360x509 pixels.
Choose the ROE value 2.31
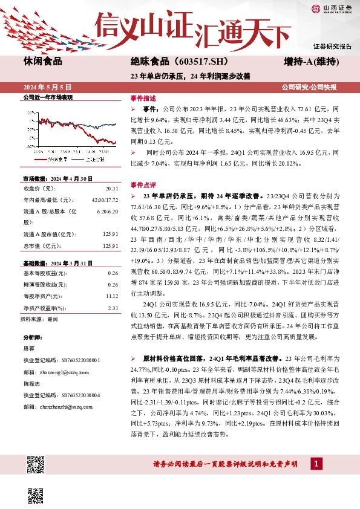point(112,308)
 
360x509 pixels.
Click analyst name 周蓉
point(29,349)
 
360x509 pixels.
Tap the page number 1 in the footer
point(315,464)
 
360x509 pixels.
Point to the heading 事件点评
point(143,184)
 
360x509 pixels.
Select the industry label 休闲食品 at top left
point(42,61)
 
